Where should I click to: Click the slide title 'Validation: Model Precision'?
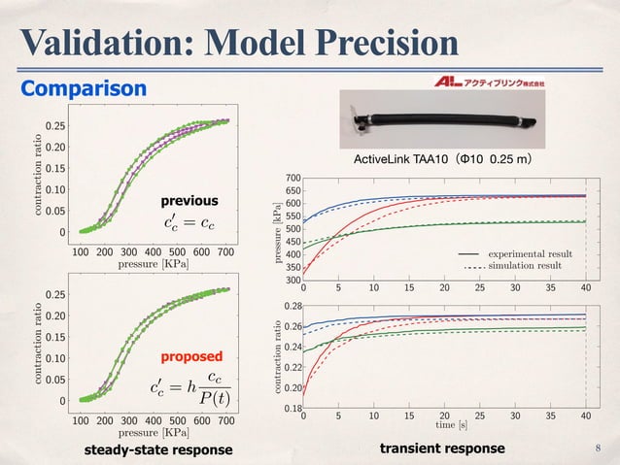tap(239, 42)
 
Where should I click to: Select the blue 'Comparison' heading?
tap(85, 89)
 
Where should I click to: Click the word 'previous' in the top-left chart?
tap(189, 201)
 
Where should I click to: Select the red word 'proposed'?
tap(191, 356)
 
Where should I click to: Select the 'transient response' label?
tap(443, 448)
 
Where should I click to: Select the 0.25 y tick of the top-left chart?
tap(55, 126)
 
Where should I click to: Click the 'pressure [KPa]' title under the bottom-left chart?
tap(154, 432)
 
